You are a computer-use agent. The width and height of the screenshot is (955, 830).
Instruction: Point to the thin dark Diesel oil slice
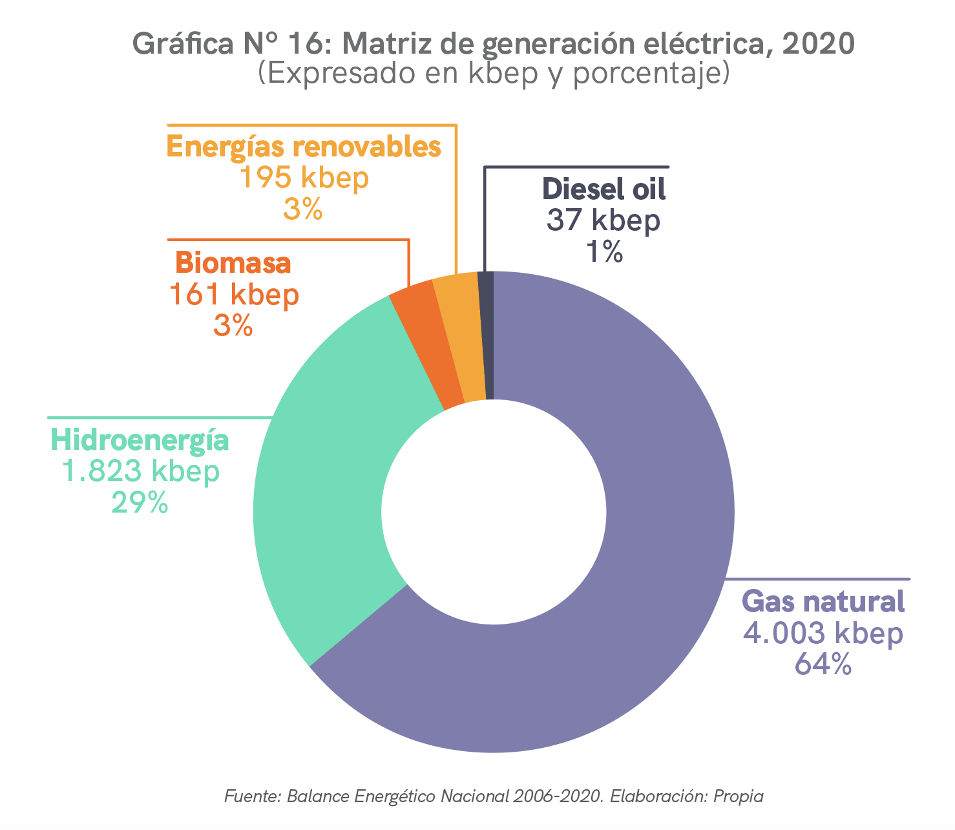click(x=487, y=336)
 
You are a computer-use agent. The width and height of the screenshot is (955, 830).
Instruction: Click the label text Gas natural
click(x=823, y=601)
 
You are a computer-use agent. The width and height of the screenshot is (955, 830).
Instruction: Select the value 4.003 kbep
click(x=823, y=633)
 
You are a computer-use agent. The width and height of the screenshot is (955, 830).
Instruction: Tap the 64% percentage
click(x=823, y=665)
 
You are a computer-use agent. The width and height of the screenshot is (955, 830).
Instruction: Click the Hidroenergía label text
click(x=140, y=440)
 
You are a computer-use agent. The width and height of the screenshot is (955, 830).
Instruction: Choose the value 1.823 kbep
click(x=140, y=471)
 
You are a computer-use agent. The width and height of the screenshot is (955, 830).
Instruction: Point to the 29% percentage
click(x=140, y=502)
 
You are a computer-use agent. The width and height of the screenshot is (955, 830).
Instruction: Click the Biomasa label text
click(x=233, y=264)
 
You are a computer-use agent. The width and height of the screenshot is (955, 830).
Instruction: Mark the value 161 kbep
click(x=233, y=295)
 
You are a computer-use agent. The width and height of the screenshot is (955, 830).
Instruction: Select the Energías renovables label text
click(x=304, y=147)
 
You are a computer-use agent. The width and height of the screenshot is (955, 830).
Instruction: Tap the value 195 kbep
click(x=304, y=178)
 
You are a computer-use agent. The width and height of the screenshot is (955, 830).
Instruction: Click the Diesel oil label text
click(x=603, y=189)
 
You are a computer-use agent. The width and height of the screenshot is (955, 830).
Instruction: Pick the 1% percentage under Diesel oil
click(x=603, y=252)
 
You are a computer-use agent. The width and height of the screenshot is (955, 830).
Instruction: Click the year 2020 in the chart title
click(x=819, y=45)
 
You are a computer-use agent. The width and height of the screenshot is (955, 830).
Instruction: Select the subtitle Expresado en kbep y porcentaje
click(x=494, y=73)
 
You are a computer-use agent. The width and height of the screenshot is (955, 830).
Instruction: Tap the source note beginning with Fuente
click(x=494, y=796)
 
